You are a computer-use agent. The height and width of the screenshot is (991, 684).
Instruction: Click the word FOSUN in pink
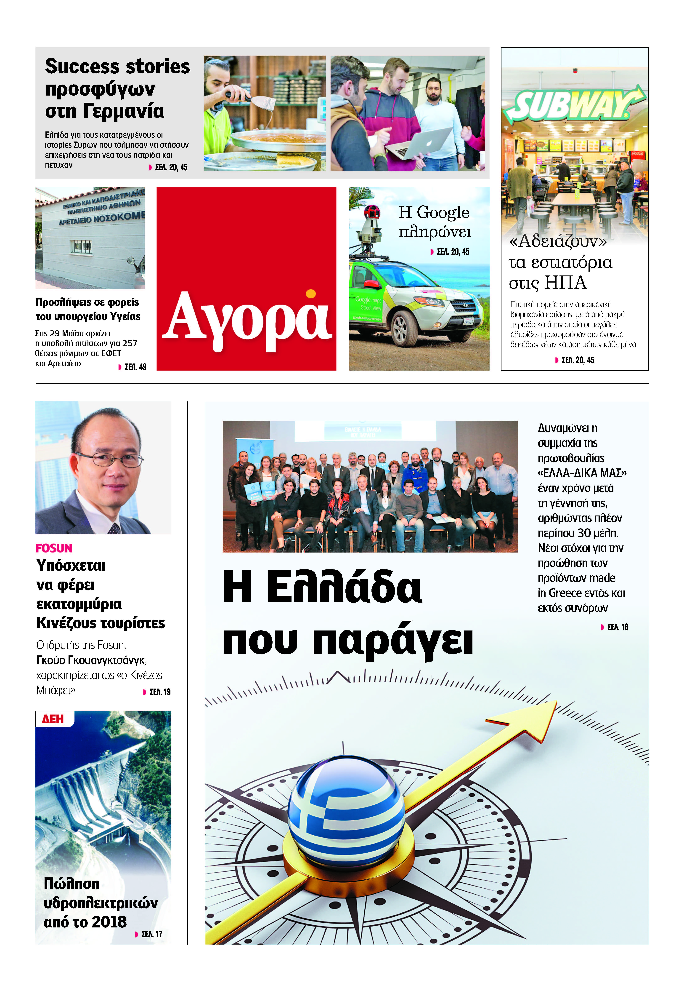coord(54,548)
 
